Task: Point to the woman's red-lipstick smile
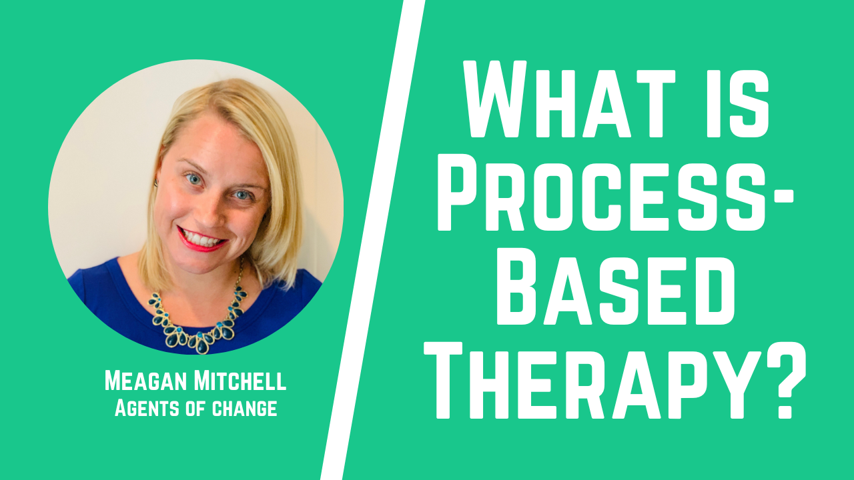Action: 202,238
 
